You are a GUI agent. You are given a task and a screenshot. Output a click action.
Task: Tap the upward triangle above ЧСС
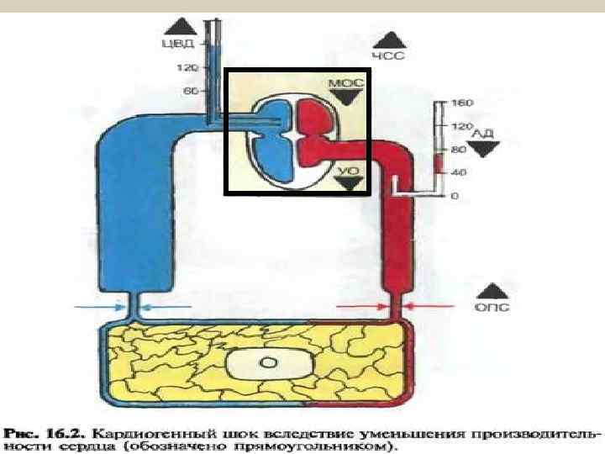point(391,40)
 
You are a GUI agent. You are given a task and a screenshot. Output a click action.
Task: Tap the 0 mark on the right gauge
point(455,196)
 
